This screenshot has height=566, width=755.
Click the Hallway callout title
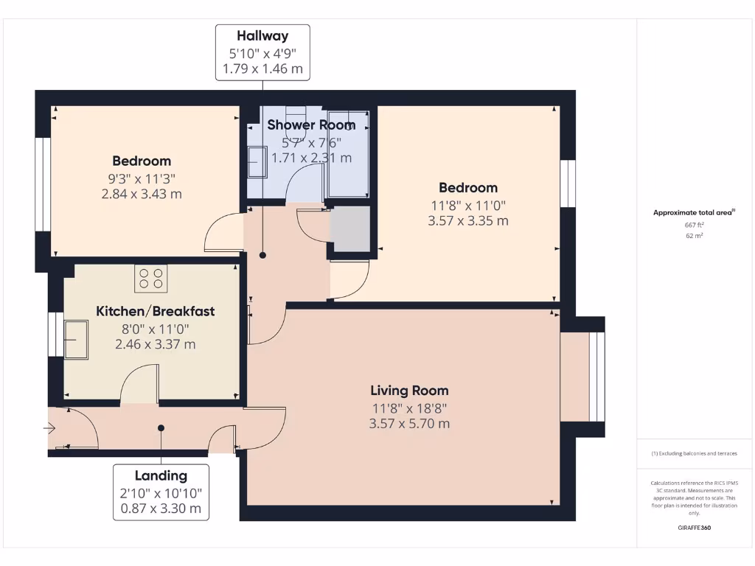[262, 36]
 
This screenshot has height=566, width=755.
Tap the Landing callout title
[161, 476]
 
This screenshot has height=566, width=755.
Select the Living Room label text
[409, 391]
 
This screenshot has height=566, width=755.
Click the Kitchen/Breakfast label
[155, 312]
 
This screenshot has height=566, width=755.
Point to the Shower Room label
[311, 125]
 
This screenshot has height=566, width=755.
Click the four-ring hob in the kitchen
[150, 278]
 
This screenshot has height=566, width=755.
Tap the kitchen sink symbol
[76, 340]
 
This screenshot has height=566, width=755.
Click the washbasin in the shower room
[257, 162]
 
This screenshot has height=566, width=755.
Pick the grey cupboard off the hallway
[350, 229]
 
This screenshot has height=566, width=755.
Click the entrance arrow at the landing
[49, 428]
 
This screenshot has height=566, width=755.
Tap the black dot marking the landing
[161, 428]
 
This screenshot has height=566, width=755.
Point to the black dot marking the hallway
[262, 255]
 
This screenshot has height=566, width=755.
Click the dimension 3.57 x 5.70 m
[409, 424]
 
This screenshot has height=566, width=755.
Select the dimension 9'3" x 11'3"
[142, 179]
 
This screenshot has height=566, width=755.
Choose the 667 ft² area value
[694, 225]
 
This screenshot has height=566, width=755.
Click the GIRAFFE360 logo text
[694, 528]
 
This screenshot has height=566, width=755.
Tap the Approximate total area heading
[694, 212]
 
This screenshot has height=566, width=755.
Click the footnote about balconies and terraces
[694, 453]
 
